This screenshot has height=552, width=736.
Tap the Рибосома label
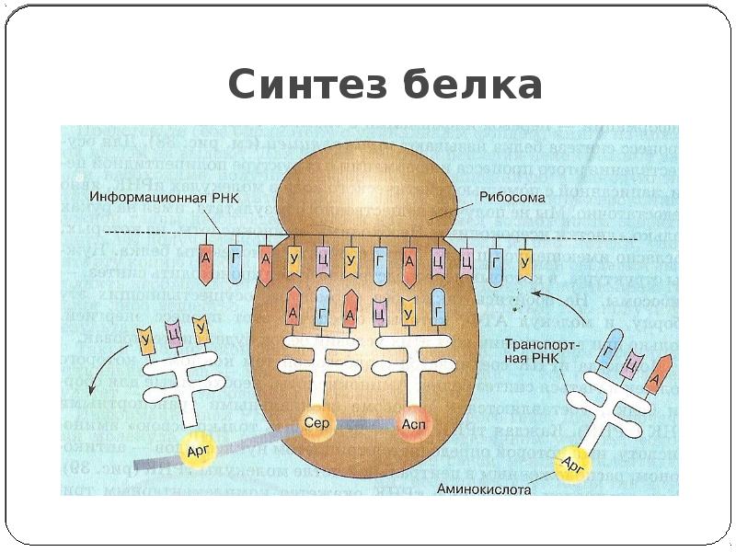point(512,197)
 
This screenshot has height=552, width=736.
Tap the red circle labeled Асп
point(411,425)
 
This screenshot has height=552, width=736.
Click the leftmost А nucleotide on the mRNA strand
point(207,263)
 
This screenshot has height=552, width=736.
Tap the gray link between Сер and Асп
point(362,425)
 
